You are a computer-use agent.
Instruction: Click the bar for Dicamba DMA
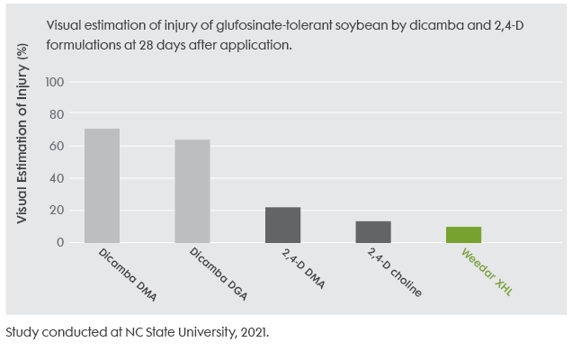(x=102, y=185)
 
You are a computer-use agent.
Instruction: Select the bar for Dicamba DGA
(x=192, y=191)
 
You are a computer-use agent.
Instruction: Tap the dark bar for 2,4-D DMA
(x=282, y=224)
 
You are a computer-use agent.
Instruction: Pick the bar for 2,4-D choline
(x=373, y=231)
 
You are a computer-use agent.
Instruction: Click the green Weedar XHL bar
(x=464, y=234)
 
